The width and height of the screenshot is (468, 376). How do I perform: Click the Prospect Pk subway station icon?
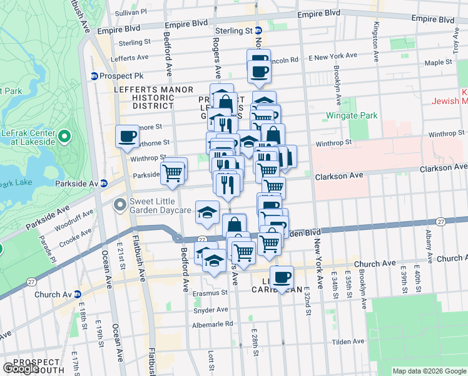[94, 76]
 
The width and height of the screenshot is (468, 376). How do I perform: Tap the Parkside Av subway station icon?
[104, 183]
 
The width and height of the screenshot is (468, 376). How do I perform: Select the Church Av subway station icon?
[77, 294]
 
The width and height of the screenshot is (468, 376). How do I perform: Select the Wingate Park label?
[342, 116]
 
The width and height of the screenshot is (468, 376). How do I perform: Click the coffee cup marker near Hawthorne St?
[128, 136]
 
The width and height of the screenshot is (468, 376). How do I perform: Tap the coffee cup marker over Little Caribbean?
[282, 277]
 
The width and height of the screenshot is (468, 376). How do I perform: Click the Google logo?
[21, 368]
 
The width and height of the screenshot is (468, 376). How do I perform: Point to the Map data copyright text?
[429, 371]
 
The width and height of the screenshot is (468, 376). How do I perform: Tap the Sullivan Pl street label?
[130, 12]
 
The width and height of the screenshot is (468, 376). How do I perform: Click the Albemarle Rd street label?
[212, 324]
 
